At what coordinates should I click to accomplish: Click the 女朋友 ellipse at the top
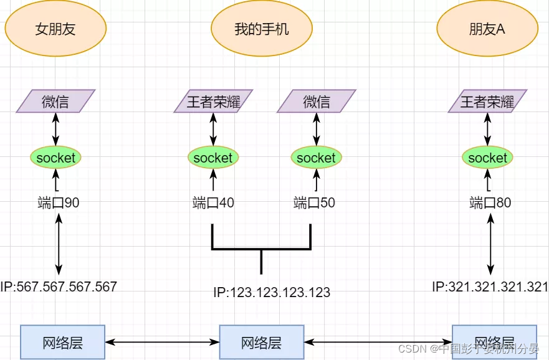55,29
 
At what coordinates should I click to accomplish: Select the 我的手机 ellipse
261,29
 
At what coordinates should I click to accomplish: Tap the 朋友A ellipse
487,29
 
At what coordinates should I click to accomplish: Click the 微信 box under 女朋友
55,102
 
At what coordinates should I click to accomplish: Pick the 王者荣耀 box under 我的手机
214,102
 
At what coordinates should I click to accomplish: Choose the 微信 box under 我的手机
317,102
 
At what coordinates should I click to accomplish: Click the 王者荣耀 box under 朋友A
487,102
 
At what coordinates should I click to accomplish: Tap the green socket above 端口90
55,158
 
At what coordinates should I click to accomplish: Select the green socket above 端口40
213,158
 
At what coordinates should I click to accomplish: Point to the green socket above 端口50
316,158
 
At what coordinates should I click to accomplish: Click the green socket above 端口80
487,158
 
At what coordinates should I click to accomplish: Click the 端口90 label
59,202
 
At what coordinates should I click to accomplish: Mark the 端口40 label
213,202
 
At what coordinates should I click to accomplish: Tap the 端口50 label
314,202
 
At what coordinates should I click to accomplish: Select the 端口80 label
490,202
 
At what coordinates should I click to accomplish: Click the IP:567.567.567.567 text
59,287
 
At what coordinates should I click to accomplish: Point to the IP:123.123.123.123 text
272,292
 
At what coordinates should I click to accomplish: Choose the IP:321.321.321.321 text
490,287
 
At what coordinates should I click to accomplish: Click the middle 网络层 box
262,342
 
